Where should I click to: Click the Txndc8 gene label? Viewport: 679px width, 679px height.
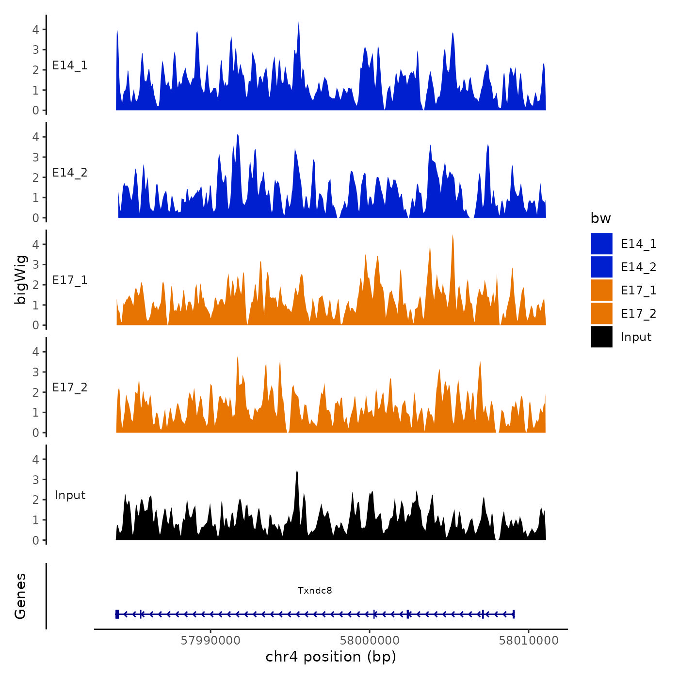(x=315, y=590)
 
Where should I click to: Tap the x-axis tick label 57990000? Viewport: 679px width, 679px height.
(x=210, y=640)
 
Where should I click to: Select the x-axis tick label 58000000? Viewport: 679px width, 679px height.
(x=370, y=640)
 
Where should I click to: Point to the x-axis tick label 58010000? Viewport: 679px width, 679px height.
(x=529, y=640)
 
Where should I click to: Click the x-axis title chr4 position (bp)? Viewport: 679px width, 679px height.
(x=331, y=657)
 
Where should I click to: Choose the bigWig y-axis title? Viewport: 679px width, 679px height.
(x=20, y=279)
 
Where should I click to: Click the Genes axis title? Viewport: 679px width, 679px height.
(x=20, y=596)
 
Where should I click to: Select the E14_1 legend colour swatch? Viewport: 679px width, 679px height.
(x=601, y=243)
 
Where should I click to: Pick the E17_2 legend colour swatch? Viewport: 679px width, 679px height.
(x=601, y=313)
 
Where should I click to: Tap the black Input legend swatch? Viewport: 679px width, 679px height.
(x=601, y=337)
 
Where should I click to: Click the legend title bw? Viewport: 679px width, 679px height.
(x=600, y=218)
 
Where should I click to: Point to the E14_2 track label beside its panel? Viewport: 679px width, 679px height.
(x=70, y=173)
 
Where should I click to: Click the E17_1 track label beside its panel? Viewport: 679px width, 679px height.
(x=70, y=280)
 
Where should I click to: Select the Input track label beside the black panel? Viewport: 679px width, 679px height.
(x=70, y=495)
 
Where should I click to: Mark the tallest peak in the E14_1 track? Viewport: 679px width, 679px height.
(x=299, y=22)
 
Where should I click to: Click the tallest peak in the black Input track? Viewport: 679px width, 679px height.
(x=297, y=472)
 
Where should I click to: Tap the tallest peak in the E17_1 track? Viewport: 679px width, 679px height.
(x=453, y=236)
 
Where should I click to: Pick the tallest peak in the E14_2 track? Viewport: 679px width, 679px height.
(x=238, y=135)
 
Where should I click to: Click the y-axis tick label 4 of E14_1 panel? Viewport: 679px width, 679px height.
(x=35, y=29)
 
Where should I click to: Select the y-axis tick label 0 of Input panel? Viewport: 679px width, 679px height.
(x=35, y=540)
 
